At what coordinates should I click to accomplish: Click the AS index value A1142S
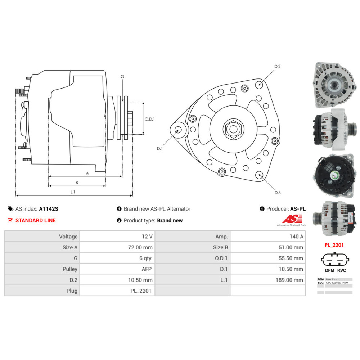[49, 209]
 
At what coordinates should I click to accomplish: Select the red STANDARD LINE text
[35, 220]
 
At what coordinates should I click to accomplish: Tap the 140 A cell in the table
[296, 237]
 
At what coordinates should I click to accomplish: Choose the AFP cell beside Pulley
[147, 269]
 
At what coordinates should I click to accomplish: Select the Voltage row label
[68, 237]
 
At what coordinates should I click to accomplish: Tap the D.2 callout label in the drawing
[277, 67]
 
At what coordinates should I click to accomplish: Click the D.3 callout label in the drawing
[277, 193]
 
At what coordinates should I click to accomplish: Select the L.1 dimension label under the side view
[73, 192]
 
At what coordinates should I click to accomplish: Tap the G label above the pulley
[122, 77]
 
